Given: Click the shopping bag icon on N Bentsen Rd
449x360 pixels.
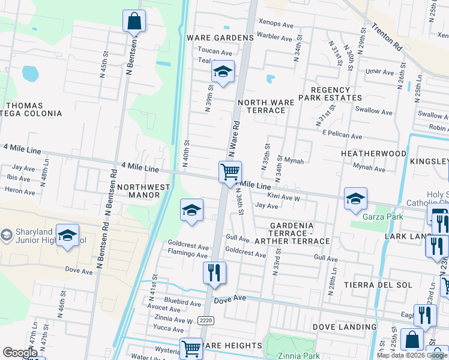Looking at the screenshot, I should (x=134, y=22).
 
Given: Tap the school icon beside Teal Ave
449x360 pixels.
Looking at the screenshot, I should (x=223, y=73).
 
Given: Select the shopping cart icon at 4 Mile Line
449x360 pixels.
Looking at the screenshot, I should (x=230, y=172).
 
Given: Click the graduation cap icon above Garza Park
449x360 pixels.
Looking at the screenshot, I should (x=355, y=199).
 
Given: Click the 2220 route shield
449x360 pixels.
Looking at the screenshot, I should (x=206, y=320).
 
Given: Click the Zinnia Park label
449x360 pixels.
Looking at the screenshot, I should (x=293, y=355).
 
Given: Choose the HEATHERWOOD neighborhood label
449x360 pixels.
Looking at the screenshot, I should (x=373, y=154).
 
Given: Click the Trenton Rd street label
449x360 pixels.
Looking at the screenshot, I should (x=387, y=36).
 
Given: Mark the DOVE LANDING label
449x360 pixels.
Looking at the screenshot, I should (x=345, y=327).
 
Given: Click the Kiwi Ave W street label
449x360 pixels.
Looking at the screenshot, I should (x=284, y=197).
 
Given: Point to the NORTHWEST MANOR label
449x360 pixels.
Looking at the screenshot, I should (x=143, y=191).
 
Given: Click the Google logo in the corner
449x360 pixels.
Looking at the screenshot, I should (x=20, y=353).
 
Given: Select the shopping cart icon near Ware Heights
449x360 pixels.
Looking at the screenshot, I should (x=191, y=348).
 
